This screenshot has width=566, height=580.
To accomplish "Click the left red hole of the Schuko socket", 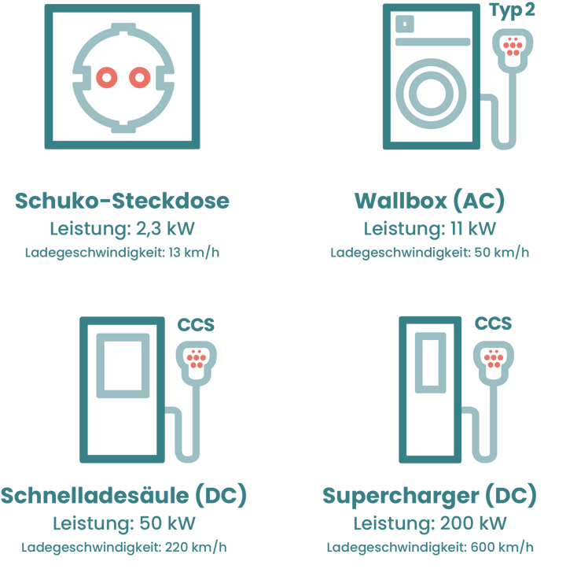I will click(107, 77).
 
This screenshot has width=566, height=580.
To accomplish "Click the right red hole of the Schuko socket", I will click(139, 77).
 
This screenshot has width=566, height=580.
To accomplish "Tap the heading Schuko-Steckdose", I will click(123, 201).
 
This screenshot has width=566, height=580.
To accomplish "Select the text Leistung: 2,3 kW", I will click(123, 229).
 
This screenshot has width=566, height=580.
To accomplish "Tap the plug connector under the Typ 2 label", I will click(513, 48).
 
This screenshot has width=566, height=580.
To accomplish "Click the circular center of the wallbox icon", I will click(430, 92).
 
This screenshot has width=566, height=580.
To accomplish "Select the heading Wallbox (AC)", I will click(429, 201).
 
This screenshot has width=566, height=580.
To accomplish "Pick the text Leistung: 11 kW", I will click(429, 229).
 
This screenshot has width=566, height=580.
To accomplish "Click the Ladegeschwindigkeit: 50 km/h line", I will click(429, 253).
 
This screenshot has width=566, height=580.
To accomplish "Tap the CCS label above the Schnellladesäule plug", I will click(196, 325).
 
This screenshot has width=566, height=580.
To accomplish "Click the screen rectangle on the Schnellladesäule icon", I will click(123, 365).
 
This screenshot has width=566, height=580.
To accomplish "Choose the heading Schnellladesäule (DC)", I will click(123, 496).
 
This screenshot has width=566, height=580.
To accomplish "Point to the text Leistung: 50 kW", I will click(123, 523).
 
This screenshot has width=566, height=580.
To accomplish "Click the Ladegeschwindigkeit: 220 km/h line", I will click(123, 548).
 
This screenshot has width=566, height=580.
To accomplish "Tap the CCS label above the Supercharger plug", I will click(493, 323).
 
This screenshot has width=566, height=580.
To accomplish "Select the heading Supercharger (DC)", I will click(429, 496).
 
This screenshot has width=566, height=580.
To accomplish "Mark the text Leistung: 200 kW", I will click(429, 523).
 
